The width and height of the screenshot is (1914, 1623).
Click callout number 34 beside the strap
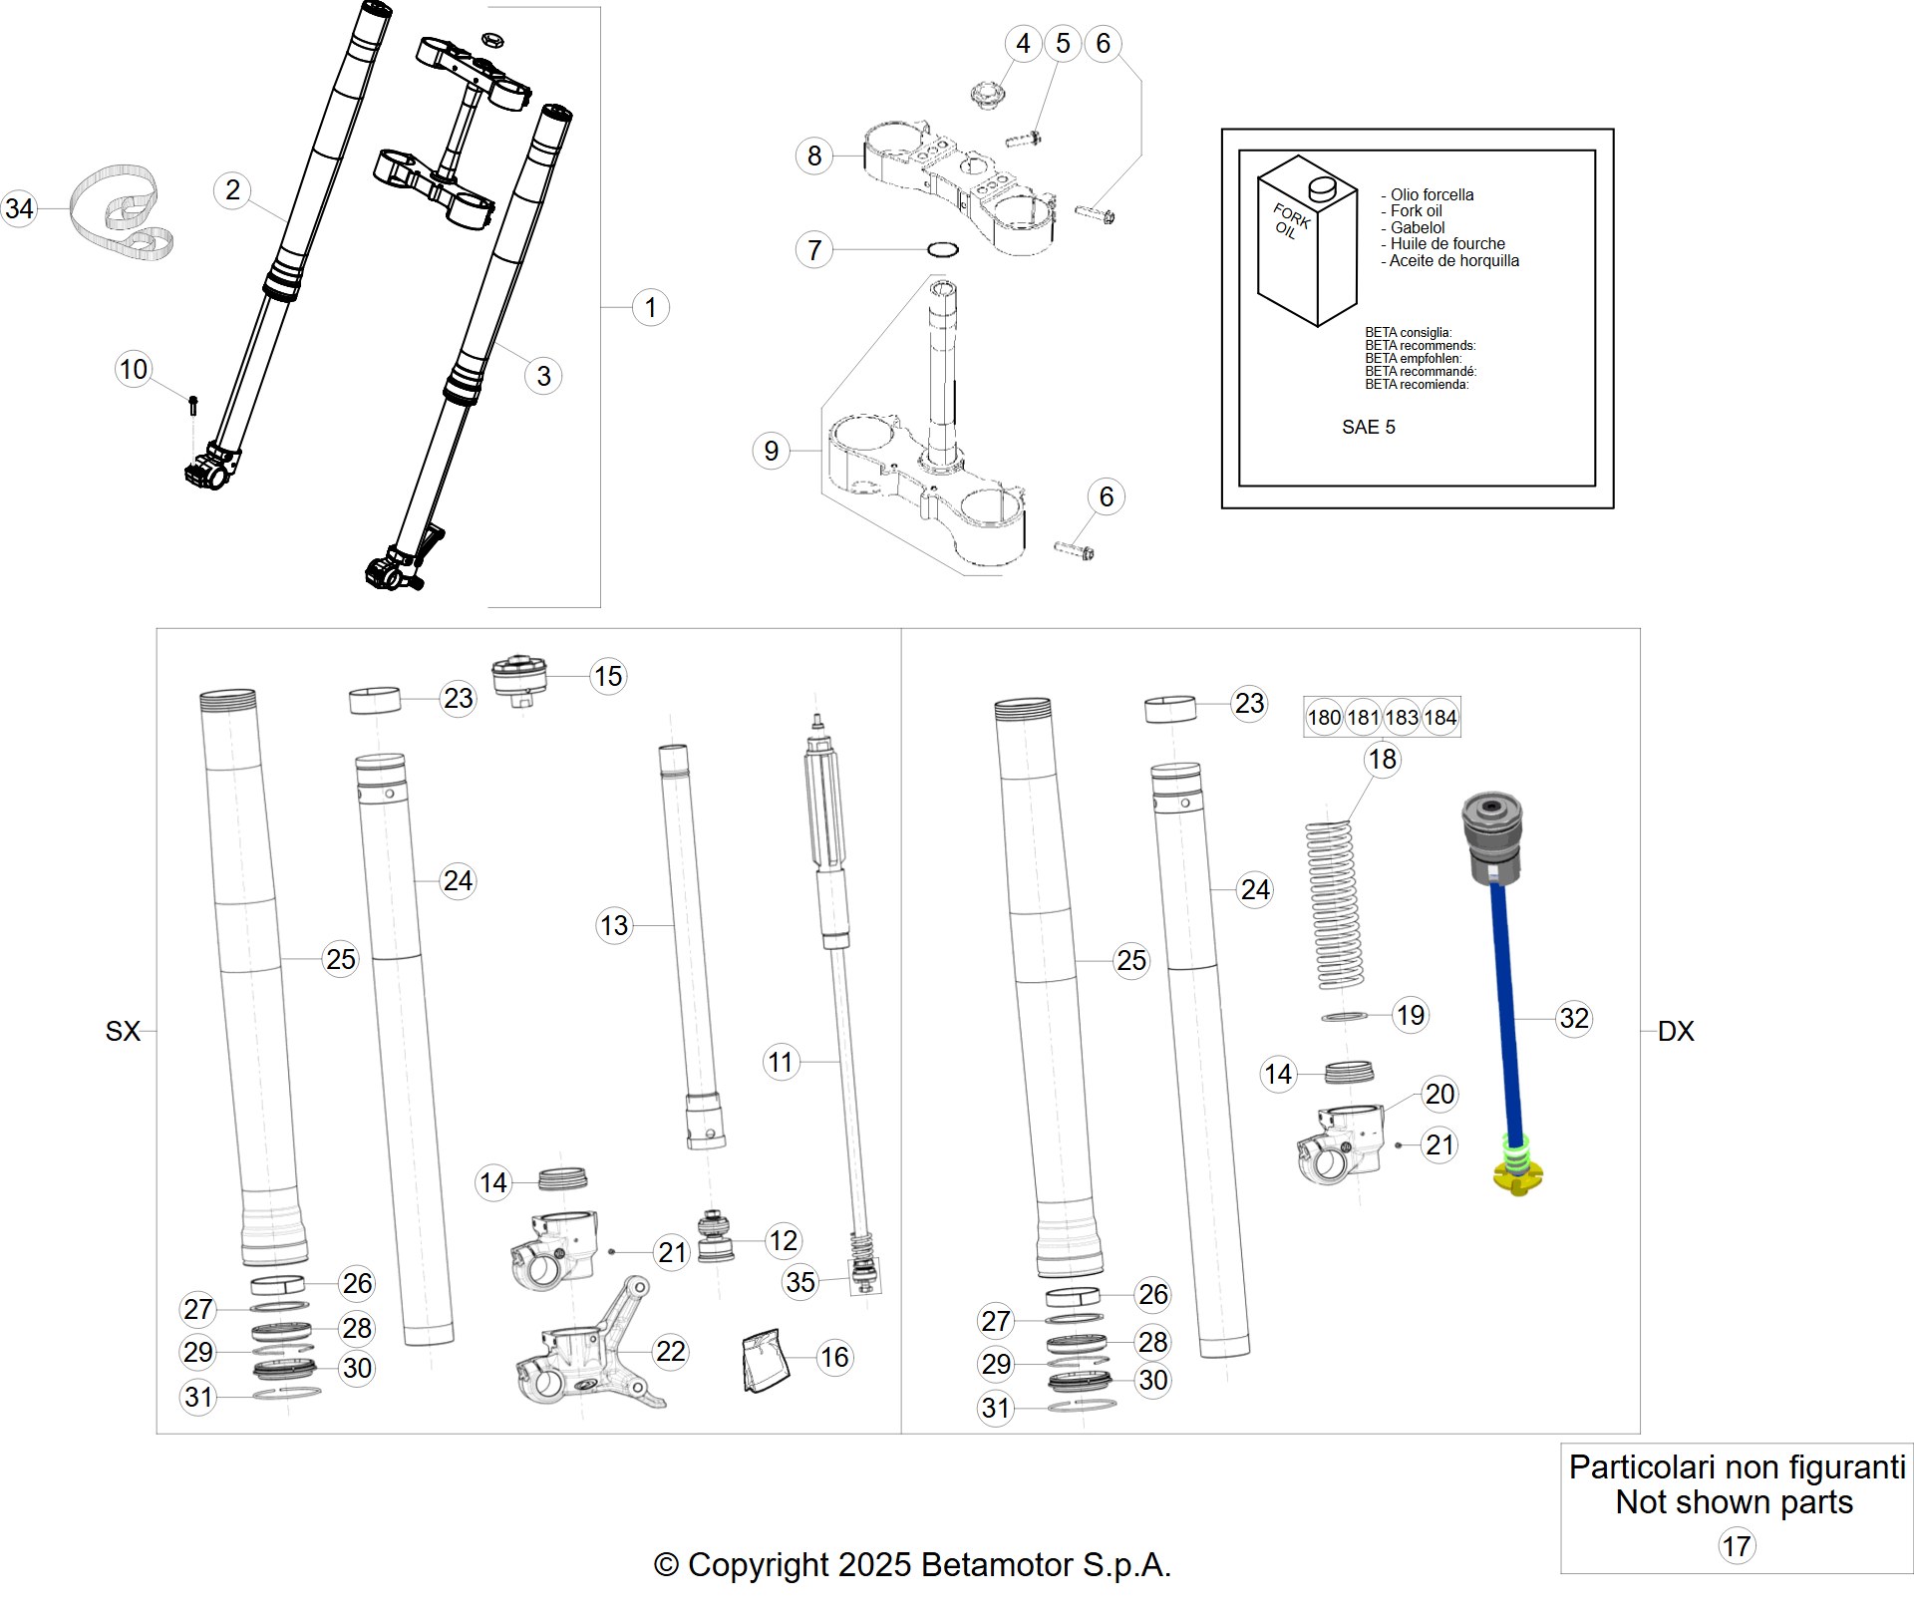tap(19, 208)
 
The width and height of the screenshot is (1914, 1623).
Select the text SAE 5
tap(1368, 427)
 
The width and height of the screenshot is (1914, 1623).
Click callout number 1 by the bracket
tap(651, 307)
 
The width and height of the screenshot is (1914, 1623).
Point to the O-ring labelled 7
tap(943, 249)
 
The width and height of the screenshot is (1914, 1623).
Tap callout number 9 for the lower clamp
tap(771, 451)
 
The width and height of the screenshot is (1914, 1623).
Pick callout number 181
tap(1363, 717)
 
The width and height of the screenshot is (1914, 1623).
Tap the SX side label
tap(123, 1031)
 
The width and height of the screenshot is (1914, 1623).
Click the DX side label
tap(1676, 1031)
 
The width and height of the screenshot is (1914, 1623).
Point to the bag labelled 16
tap(766, 1359)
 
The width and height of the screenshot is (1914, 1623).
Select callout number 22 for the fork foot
tap(670, 1352)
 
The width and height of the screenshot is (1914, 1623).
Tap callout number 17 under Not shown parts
tap(1736, 1546)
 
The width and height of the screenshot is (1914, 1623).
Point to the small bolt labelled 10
tap(193, 405)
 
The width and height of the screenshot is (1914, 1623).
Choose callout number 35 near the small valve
tap(800, 1282)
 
